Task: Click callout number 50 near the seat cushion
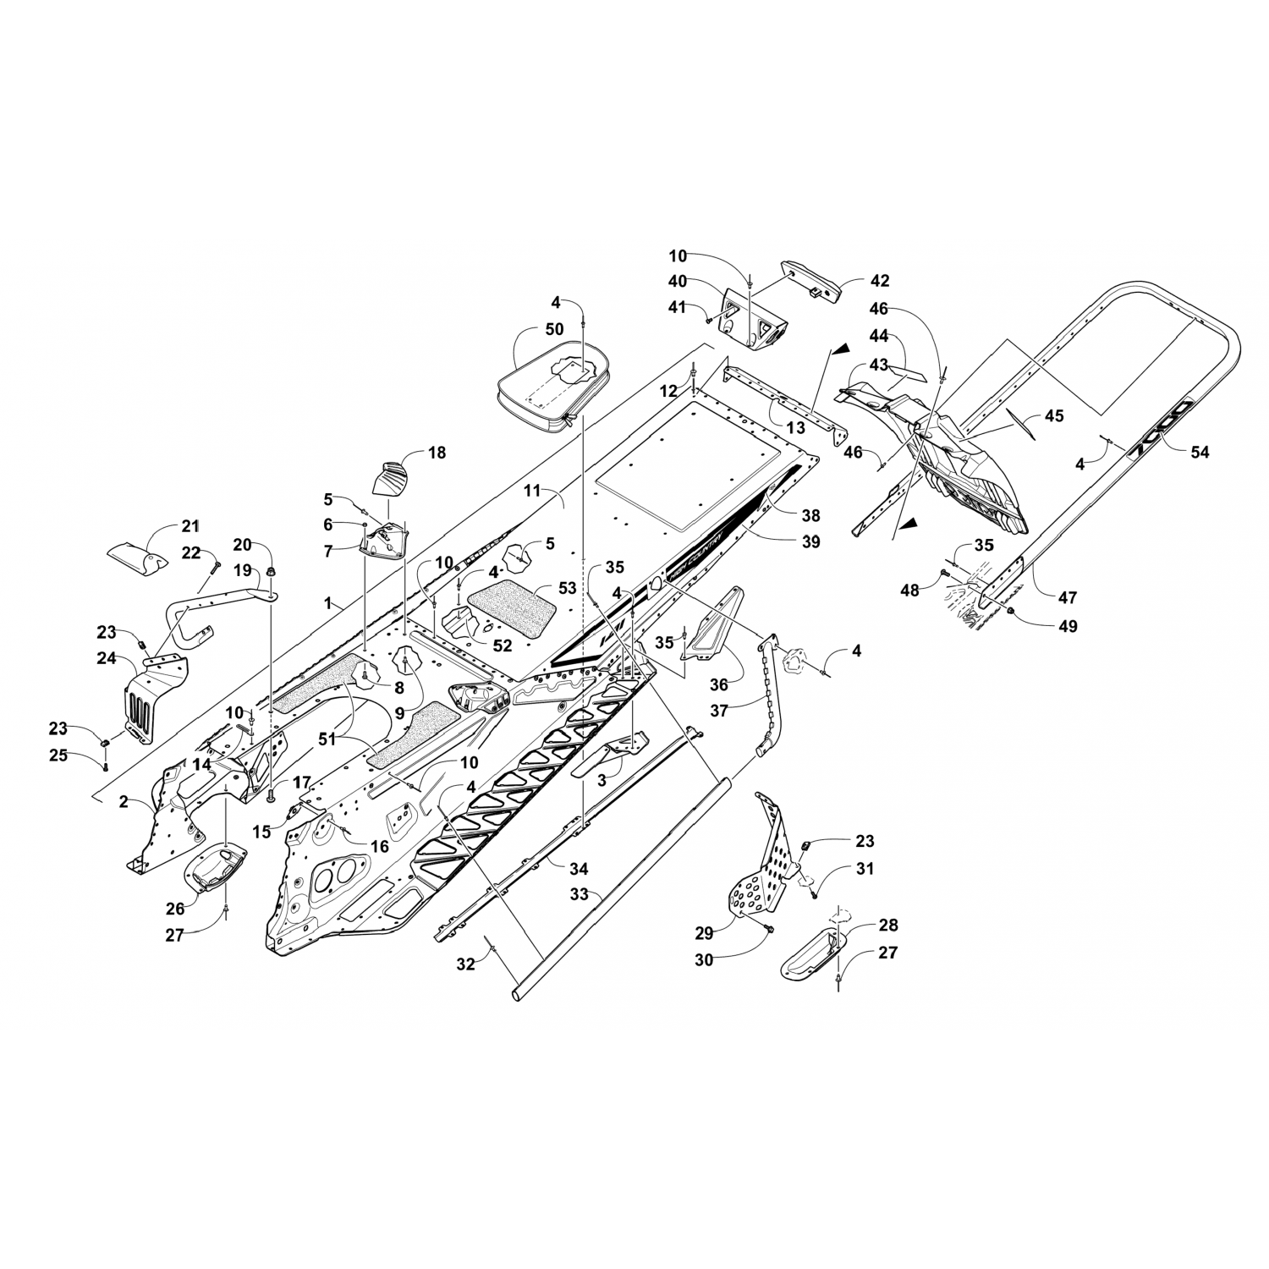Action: pyautogui.click(x=554, y=329)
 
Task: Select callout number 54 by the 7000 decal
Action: pyautogui.click(x=1200, y=453)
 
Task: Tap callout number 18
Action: pyautogui.click(x=437, y=453)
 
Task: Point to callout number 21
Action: pyautogui.click(x=190, y=526)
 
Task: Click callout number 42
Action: pyautogui.click(x=880, y=281)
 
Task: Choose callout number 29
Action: pyautogui.click(x=704, y=933)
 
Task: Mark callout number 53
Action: pyautogui.click(x=567, y=588)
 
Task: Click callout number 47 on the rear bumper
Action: pyautogui.click(x=1068, y=597)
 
